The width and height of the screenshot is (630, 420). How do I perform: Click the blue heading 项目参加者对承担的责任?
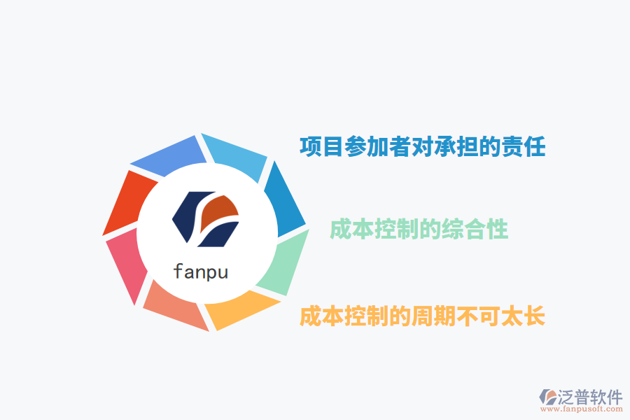tap(422, 147)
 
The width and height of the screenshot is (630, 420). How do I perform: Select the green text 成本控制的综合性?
tap(419, 229)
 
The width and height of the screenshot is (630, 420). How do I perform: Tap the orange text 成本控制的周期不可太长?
tap(422, 316)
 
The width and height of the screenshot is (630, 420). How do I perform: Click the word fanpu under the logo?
tap(200, 270)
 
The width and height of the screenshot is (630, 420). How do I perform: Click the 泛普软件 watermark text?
tap(590, 398)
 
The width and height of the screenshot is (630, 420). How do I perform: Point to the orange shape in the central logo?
tap(220, 210)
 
